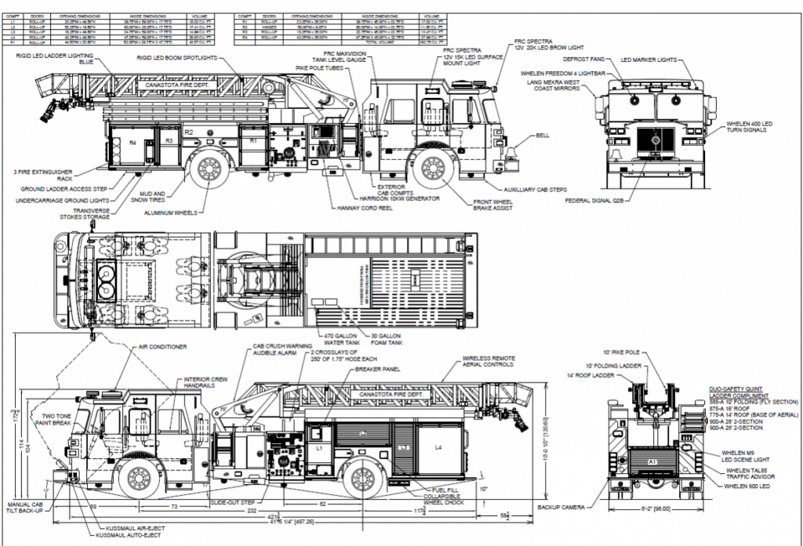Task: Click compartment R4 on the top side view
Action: [x=133, y=142]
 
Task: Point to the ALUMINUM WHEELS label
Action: [x=173, y=212]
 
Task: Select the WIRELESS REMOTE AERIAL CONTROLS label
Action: [x=488, y=362]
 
